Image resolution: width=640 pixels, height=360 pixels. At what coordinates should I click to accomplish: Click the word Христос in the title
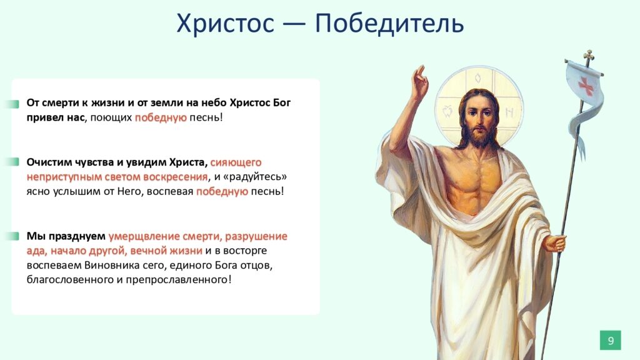click(225, 23)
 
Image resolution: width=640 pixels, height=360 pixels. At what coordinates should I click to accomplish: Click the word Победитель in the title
click(389, 22)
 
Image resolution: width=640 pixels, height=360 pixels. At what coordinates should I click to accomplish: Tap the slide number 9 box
click(610, 340)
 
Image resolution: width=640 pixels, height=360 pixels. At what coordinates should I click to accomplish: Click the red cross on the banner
click(586, 86)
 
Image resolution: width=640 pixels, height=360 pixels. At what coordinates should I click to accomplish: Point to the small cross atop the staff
click(588, 56)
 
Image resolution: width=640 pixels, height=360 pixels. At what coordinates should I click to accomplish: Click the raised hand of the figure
click(419, 82)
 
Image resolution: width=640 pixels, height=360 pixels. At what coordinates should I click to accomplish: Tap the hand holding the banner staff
click(555, 244)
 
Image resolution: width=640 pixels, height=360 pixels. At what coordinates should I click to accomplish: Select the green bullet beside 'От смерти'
click(14, 104)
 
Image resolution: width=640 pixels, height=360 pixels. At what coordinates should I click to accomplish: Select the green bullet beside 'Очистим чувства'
click(14, 162)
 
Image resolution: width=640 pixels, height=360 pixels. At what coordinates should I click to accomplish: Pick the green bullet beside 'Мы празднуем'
click(14, 236)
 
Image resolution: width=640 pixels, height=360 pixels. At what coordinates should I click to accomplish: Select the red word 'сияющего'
click(236, 162)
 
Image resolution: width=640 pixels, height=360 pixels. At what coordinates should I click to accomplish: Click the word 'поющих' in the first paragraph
click(111, 118)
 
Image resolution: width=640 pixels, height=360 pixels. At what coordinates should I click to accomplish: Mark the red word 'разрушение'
click(256, 236)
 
